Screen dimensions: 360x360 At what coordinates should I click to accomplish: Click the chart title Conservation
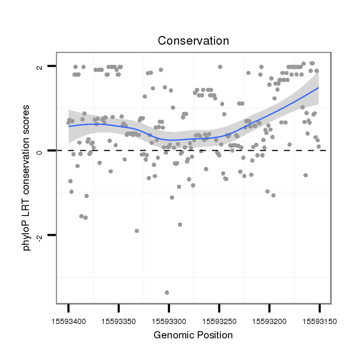click(193, 41)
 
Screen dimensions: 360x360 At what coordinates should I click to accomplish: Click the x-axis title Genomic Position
click(193, 335)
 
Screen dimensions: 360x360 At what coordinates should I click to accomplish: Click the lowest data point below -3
click(167, 292)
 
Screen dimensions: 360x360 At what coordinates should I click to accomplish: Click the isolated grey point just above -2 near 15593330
click(137, 231)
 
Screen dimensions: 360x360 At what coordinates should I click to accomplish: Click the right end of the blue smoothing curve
click(318, 88)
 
